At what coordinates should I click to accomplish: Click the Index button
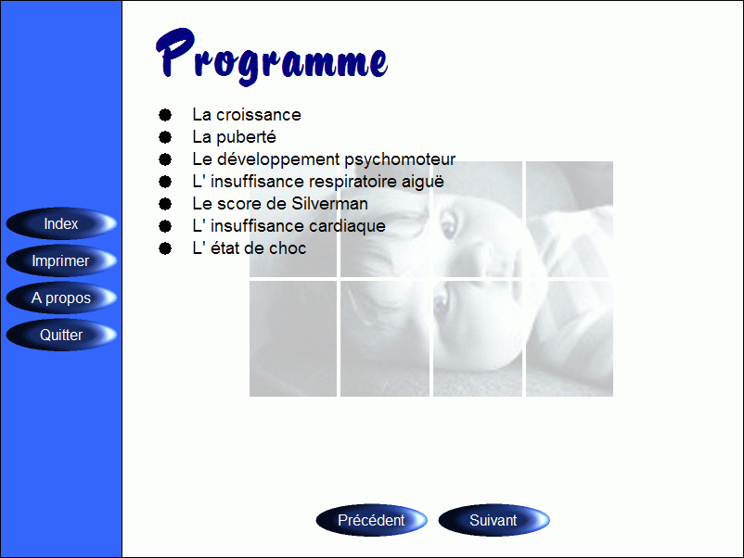(x=61, y=223)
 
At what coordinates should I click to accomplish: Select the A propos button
(x=61, y=298)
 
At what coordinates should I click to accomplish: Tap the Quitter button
(x=61, y=335)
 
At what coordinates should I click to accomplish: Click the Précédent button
(x=371, y=520)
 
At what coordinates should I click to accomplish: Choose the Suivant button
(x=494, y=520)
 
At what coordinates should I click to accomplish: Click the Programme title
(x=272, y=57)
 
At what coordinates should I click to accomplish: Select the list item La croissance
(x=246, y=115)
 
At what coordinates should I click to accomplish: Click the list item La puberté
(x=234, y=137)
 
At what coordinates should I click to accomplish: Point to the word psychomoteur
(x=400, y=159)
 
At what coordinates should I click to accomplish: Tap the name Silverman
(x=329, y=204)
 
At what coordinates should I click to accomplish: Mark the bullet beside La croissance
(x=165, y=115)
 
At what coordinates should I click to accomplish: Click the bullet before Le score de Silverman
(x=165, y=204)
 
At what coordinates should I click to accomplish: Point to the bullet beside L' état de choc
(x=165, y=248)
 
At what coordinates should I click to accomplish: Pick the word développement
(x=278, y=159)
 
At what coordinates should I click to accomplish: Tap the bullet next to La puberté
(x=165, y=137)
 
